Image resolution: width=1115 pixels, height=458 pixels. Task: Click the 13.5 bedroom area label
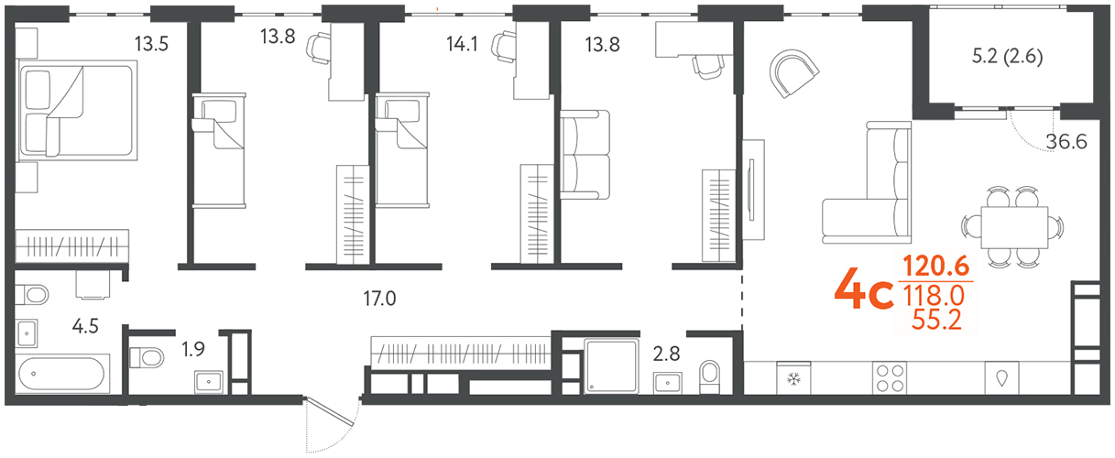point(151,44)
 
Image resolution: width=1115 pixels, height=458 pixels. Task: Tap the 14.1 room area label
point(462,44)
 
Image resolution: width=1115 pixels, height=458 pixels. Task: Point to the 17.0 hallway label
point(379,299)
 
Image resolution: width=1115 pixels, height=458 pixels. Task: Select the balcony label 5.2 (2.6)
point(1007,56)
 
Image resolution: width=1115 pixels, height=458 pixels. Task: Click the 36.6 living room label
point(1066,142)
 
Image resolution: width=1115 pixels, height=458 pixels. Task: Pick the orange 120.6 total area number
point(936,266)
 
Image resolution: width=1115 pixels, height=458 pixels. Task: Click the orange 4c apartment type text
point(864,289)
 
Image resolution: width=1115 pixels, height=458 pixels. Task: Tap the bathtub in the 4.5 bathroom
point(61,374)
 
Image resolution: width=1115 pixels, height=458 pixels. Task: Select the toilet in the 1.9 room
point(147,357)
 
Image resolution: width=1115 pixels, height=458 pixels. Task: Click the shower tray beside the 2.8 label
point(611,365)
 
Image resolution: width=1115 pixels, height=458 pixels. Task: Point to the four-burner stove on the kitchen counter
point(890,377)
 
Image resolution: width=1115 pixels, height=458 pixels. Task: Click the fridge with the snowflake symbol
point(793,377)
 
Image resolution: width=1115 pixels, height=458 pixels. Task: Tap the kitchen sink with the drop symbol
point(1001,377)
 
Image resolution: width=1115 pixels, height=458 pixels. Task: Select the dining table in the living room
point(1014,227)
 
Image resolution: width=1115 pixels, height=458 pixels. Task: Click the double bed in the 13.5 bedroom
point(78,111)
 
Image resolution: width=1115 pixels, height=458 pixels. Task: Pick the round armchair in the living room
point(793,72)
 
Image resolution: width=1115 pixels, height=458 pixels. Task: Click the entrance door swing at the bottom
point(331,424)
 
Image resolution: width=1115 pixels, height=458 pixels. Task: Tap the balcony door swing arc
point(1031,136)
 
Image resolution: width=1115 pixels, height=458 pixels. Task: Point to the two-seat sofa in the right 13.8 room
point(585,154)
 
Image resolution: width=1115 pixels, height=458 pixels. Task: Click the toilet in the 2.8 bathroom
point(709,376)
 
